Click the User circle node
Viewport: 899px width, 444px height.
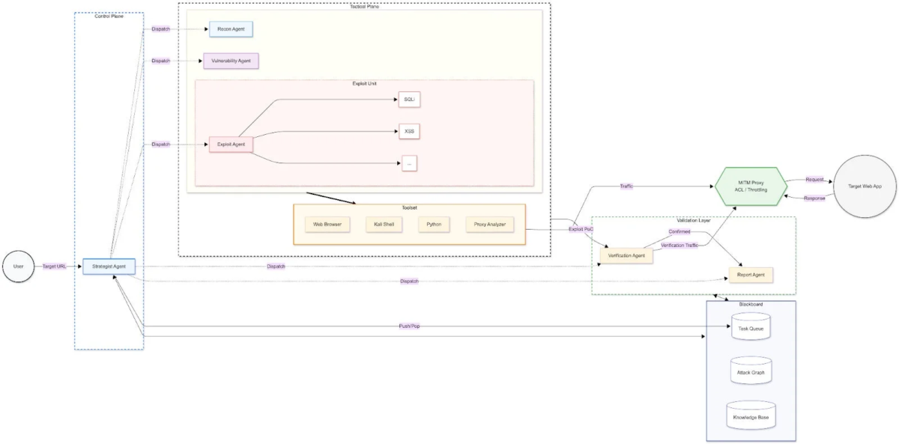point(17,267)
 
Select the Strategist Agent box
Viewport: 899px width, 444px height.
point(109,267)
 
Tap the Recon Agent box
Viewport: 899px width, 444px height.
point(231,29)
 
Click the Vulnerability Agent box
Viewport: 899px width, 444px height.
point(231,61)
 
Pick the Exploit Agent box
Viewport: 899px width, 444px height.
point(231,144)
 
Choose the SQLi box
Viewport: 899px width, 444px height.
point(408,100)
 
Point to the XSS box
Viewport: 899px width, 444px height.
point(408,132)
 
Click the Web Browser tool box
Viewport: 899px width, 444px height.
point(327,224)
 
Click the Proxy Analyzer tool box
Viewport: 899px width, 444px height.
point(490,224)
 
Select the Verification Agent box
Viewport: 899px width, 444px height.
point(626,255)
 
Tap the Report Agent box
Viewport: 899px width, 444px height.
point(751,275)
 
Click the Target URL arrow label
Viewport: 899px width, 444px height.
point(54,267)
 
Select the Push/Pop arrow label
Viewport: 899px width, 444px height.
point(409,326)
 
